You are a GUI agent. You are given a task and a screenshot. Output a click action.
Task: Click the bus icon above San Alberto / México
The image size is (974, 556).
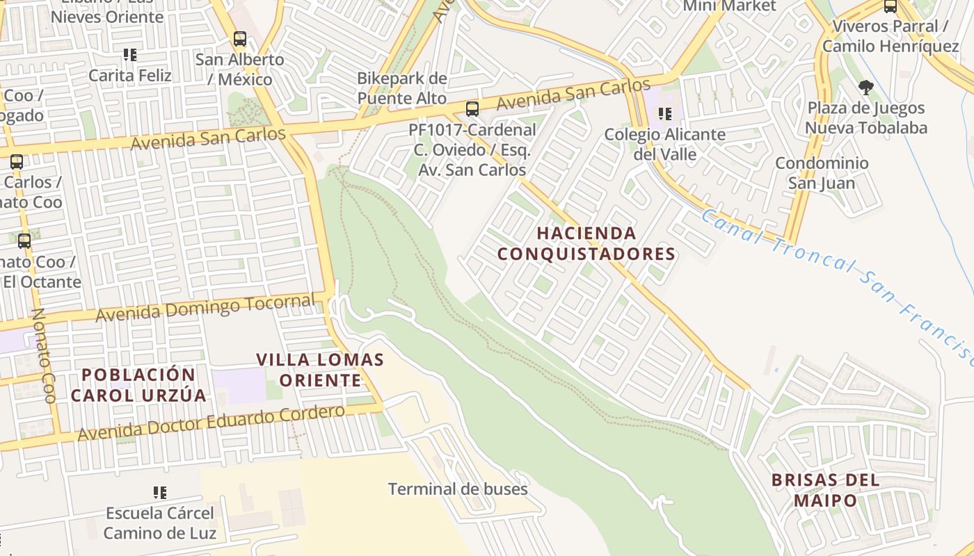click(x=240, y=39)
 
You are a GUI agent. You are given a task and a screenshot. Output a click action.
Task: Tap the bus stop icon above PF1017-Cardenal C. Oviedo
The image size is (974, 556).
click(x=472, y=108)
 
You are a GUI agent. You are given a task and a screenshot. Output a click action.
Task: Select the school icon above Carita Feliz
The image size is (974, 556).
click(x=129, y=54)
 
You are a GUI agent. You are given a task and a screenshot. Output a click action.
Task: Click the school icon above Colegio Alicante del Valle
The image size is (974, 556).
click(x=664, y=113)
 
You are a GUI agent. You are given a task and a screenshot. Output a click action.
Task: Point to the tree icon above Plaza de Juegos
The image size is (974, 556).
click(x=865, y=88)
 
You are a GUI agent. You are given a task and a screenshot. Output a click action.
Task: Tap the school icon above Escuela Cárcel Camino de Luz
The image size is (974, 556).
click(x=160, y=493)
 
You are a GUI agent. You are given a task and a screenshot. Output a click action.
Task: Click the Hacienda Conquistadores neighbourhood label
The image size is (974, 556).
click(x=586, y=243)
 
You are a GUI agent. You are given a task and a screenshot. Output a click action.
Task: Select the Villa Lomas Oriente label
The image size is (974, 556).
click(x=320, y=370)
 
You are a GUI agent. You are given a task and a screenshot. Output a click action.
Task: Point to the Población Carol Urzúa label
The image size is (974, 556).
click(x=138, y=385)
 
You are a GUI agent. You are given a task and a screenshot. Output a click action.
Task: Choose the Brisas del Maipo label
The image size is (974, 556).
click(x=825, y=490)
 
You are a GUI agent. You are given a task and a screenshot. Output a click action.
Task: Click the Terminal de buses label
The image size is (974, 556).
click(x=458, y=489)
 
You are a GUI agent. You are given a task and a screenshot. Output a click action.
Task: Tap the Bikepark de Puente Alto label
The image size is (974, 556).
click(x=402, y=88)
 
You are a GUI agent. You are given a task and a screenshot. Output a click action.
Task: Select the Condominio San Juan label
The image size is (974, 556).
click(x=822, y=173)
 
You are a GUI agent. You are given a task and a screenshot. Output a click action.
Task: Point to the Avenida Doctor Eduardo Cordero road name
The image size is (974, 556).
click(x=211, y=423)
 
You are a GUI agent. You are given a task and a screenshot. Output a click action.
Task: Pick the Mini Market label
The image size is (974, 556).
click(x=728, y=6)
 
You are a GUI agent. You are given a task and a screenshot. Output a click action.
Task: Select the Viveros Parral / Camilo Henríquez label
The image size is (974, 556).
click(x=890, y=36)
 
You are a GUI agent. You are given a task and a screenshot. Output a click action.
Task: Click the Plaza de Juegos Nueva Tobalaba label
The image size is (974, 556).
click(x=866, y=117)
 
